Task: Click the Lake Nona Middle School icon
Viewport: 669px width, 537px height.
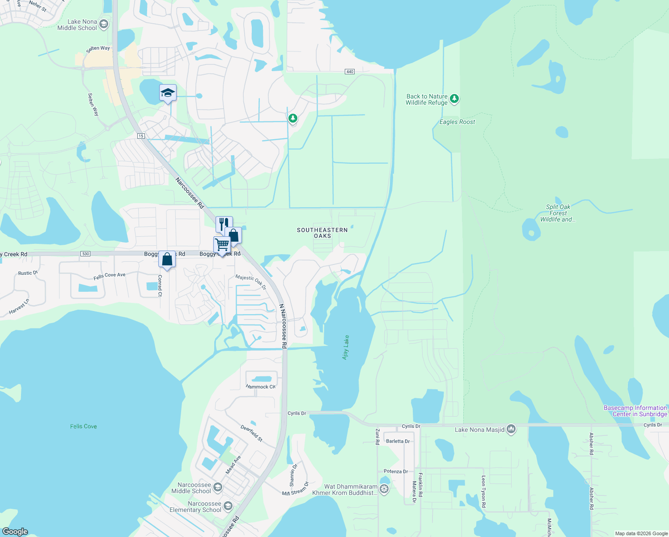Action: [104, 24]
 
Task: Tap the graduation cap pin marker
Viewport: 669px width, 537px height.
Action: [168, 93]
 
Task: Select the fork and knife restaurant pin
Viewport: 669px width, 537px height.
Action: [224, 223]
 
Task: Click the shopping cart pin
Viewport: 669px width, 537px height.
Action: [222, 245]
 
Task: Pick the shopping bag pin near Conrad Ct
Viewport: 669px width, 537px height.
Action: [167, 260]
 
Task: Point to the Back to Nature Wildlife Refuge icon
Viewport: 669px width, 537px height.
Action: [454, 98]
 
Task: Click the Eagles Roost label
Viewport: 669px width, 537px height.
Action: [457, 122]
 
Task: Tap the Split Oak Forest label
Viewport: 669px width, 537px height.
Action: [558, 213]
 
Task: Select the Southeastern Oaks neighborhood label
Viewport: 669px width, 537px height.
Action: [322, 233]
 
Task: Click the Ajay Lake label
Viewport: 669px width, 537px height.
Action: [346, 347]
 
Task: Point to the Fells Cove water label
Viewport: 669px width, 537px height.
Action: [84, 426]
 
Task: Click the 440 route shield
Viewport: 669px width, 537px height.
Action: [350, 72]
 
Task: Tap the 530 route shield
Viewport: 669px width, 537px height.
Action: [85, 254]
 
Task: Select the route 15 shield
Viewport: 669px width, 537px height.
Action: [141, 136]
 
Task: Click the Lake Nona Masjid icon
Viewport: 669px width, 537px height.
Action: [511, 430]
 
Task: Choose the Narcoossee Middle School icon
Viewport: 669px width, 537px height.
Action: [218, 487]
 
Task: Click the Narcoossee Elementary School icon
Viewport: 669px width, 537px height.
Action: [228, 506]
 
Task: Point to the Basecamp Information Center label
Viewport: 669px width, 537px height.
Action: [635, 411]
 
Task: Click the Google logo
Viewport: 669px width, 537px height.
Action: [15, 532]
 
